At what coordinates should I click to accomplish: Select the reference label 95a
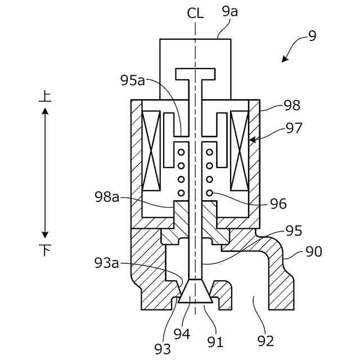(x=133, y=80)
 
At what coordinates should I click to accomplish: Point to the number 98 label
(x=292, y=105)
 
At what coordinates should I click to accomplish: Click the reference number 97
(x=294, y=128)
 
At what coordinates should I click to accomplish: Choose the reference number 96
(x=278, y=203)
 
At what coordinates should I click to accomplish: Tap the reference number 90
(x=314, y=251)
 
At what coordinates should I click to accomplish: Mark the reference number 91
(x=215, y=341)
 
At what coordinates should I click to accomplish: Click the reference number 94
(x=181, y=334)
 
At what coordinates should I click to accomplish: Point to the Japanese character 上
(x=46, y=96)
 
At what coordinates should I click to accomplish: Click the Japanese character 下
(x=46, y=250)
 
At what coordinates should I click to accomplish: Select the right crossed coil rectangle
(x=238, y=151)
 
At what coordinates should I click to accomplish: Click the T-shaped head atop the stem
(x=195, y=74)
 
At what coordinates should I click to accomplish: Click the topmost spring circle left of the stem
(x=181, y=152)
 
